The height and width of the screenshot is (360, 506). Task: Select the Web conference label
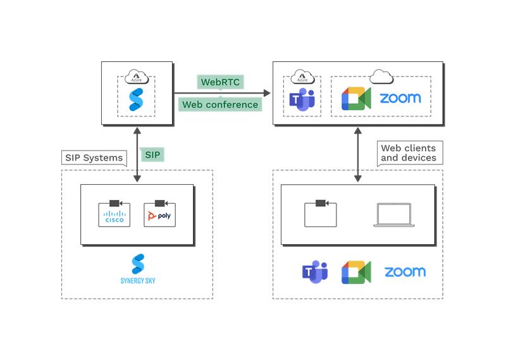click(x=219, y=104)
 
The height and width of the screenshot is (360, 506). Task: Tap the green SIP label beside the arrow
click(x=152, y=154)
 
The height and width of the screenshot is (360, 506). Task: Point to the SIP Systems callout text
click(x=94, y=158)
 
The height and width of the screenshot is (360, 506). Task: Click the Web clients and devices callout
click(x=408, y=152)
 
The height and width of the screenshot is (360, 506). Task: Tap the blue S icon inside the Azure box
click(x=137, y=99)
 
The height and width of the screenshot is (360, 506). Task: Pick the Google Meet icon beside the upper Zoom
click(x=356, y=98)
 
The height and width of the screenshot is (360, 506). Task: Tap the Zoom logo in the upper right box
click(x=400, y=98)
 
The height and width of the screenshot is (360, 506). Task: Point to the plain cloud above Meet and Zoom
click(x=380, y=76)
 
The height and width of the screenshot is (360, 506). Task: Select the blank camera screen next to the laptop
click(x=320, y=213)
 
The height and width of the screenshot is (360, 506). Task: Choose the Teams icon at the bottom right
click(x=314, y=272)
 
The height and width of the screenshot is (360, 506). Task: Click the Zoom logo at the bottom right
click(x=405, y=272)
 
